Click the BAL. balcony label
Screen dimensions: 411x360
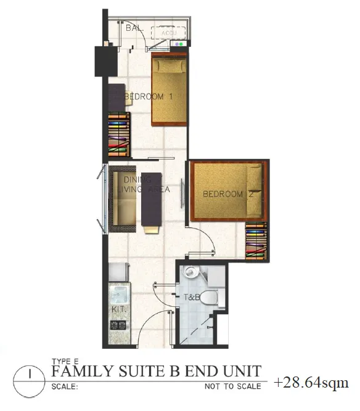point(133,28)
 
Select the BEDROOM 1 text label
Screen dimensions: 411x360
point(149,97)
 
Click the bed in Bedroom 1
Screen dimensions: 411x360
point(169,90)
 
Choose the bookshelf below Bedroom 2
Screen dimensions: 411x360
point(256,240)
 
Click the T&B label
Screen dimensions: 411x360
point(192,297)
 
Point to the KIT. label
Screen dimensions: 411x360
point(118,307)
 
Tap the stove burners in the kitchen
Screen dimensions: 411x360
point(117,324)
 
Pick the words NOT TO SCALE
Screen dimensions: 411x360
point(233,386)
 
